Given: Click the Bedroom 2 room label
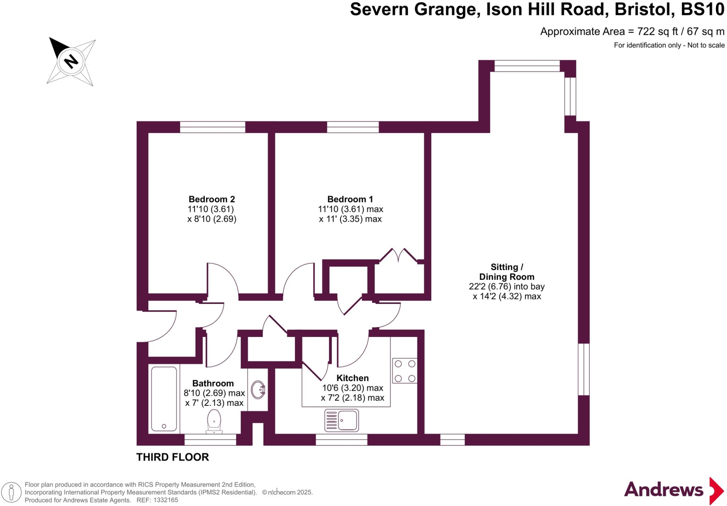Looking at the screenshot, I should coord(212,199).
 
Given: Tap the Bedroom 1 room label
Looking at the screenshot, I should coord(350,199).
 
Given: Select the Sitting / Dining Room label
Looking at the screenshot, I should coord(507,272).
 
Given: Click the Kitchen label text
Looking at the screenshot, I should coord(352,378).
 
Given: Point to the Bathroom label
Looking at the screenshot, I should coord(213,383).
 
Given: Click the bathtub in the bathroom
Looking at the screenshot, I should coord(164,398).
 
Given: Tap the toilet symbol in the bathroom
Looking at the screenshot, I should coord(214,421).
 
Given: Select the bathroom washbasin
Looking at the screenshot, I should coord(258,390).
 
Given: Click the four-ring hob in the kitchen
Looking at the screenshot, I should coord(405,370).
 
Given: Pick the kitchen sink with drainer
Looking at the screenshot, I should coord(341,420).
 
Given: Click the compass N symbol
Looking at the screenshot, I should coord(71,61).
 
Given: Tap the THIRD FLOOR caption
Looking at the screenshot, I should coord(173,457).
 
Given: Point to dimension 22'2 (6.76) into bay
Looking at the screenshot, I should coord(507,287).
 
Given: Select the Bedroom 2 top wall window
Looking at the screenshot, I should coord(213,127).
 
